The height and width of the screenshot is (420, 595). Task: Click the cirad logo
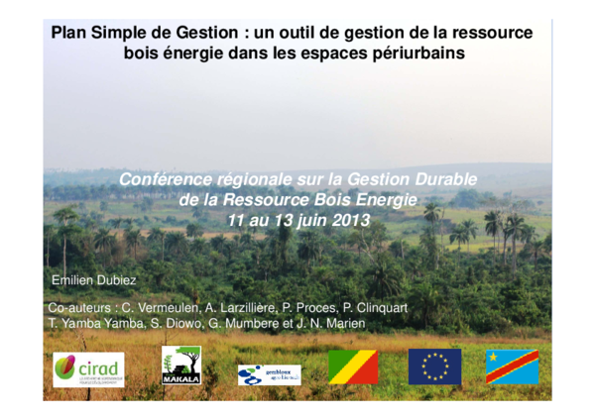(x=88, y=368)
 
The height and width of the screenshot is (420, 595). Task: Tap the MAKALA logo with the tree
(x=181, y=366)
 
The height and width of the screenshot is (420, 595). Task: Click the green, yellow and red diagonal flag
(x=353, y=367)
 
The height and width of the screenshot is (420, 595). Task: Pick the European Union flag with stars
(x=434, y=367)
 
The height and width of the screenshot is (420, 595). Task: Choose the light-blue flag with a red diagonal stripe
(x=513, y=367)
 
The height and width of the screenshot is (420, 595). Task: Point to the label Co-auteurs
(x=83, y=308)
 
